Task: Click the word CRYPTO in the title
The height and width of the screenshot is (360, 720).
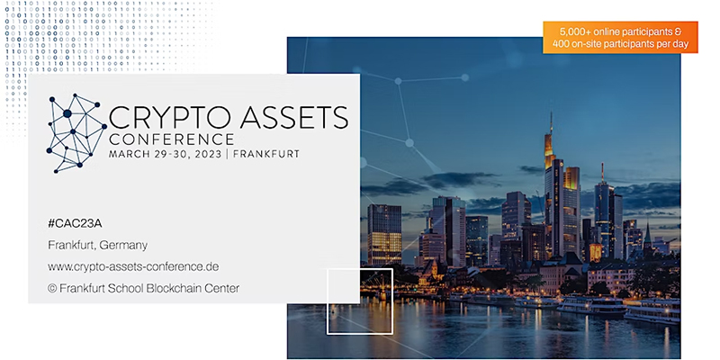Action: (x=170, y=117)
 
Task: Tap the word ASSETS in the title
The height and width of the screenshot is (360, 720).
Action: (x=294, y=117)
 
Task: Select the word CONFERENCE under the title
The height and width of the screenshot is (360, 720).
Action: (x=171, y=139)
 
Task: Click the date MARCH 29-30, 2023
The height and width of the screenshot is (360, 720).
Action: (x=166, y=154)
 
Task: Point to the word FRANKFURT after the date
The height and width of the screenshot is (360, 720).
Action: (x=266, y=154)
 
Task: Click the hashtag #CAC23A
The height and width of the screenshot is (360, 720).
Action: (x=75, y=223)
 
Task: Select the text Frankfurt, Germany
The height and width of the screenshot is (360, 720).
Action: (x=98, y=246)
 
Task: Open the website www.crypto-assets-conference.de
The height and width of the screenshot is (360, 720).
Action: (x=133, y=266)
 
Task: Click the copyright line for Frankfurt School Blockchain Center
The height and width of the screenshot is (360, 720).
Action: (x=143, y=288)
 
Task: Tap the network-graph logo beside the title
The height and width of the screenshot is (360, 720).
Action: (x=76, y=133)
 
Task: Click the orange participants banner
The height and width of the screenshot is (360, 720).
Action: (x=620, y=38)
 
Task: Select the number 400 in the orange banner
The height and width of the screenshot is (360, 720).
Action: (x=562, y=44)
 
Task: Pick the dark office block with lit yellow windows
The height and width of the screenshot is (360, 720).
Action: (x=384, y=235)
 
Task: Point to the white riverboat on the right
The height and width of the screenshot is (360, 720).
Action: (x=591, y=305)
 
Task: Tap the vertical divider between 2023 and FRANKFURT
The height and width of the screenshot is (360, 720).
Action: (x=228, y=154)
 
